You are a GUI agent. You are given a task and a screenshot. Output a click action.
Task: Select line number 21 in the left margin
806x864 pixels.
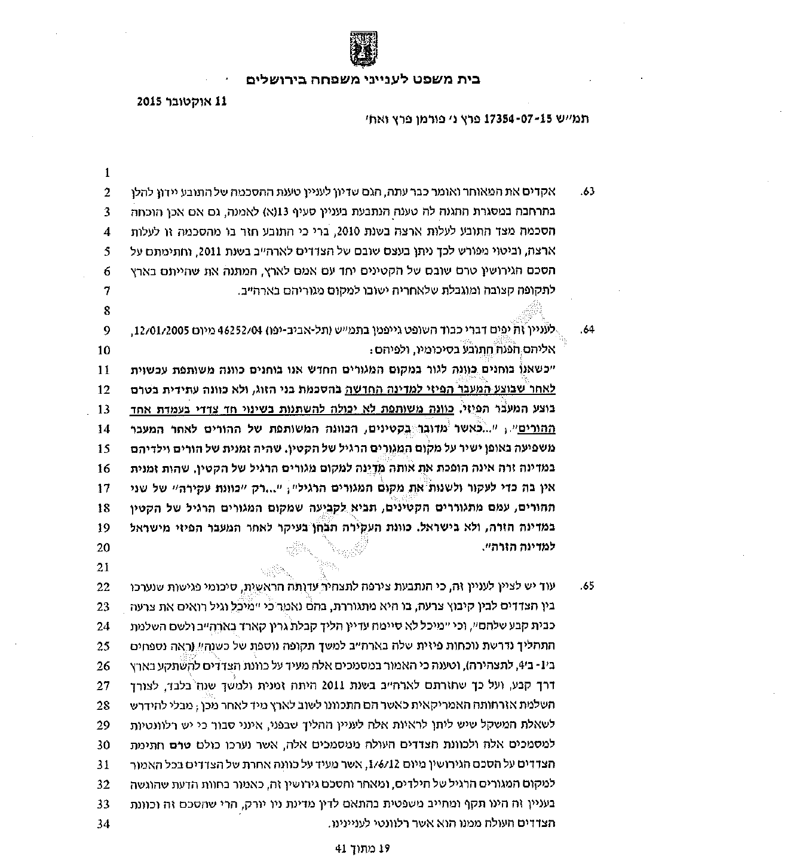[x=104, y=567]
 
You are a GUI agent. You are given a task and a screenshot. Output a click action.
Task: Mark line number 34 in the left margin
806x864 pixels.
[x=104, y=824]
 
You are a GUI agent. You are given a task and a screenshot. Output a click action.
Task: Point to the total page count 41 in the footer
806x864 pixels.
[x=341, y=848]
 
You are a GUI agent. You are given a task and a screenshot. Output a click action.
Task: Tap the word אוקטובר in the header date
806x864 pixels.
[x=191, y=102]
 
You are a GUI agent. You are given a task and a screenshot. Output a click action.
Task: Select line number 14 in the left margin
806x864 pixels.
[x=104, y=429]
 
